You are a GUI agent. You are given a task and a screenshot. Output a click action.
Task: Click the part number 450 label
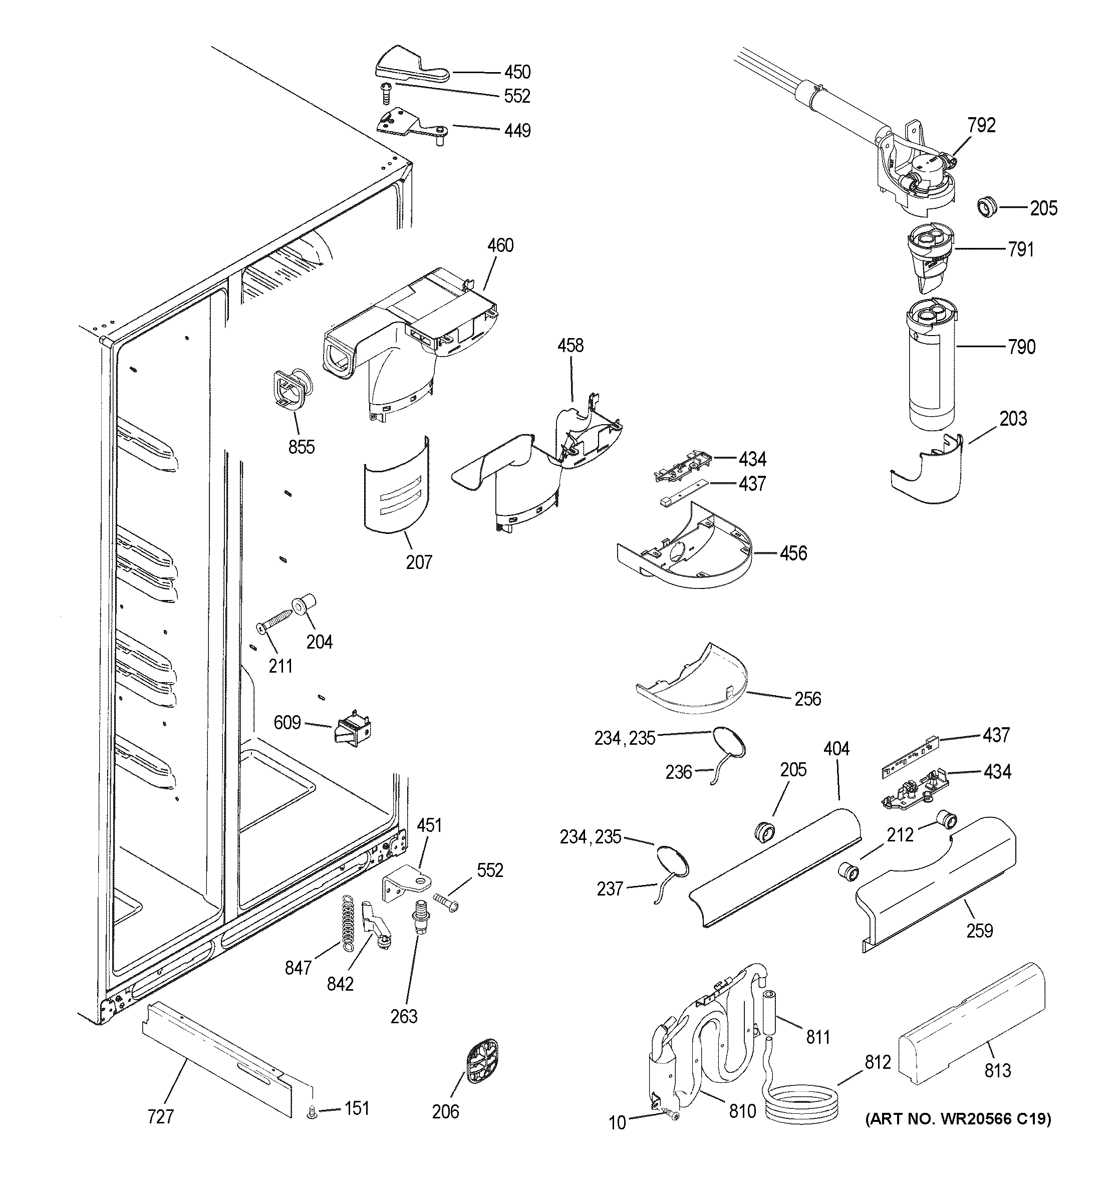click(x=517, y=73)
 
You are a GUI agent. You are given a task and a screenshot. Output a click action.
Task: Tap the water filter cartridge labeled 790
click(x=932, y=368)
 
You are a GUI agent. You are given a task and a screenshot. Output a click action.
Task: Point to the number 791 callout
click(x=1020, y=249)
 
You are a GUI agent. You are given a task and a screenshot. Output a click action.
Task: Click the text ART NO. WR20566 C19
click(x=958, y=1118)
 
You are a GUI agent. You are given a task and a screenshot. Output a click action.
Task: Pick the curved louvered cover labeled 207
click(x=397, y=486)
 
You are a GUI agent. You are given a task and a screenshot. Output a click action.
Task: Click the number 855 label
click(x=301, y=447)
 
